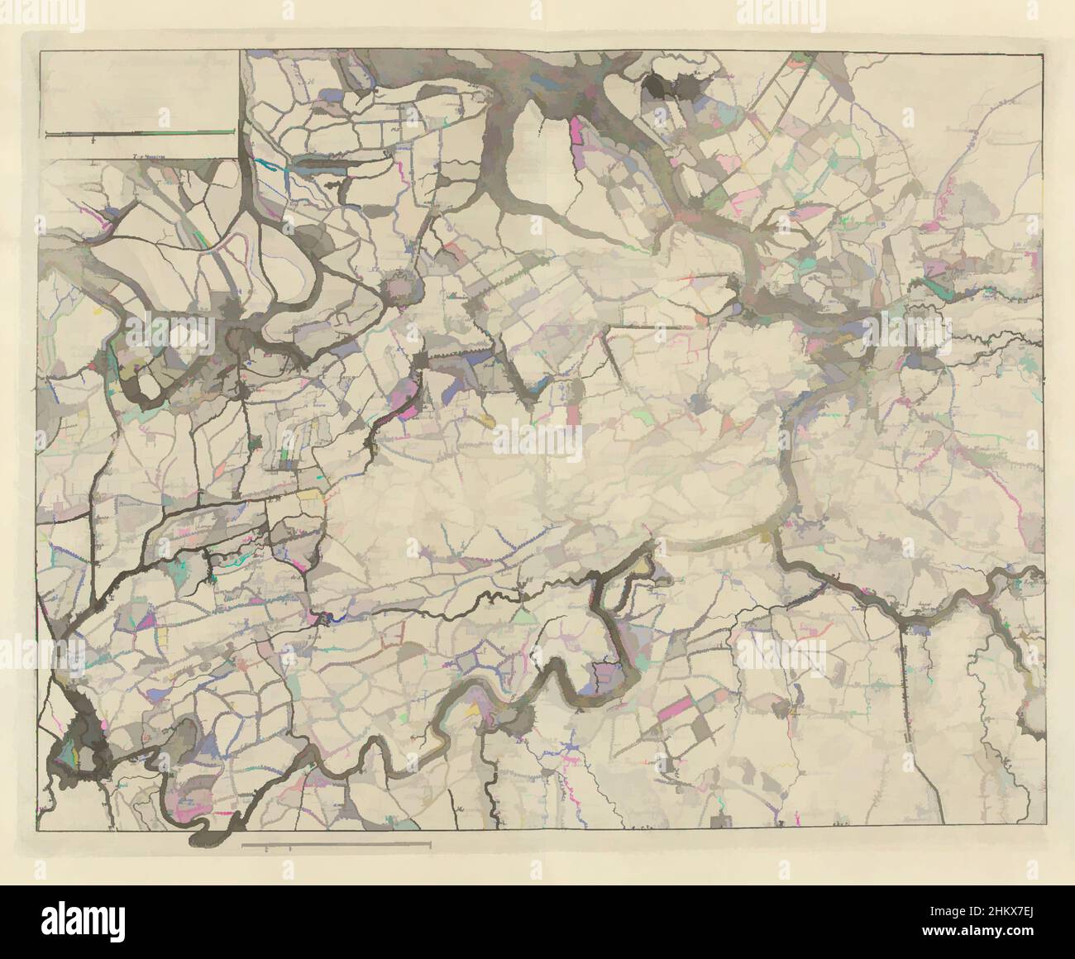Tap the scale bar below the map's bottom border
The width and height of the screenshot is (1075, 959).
(x=337, y=844)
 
